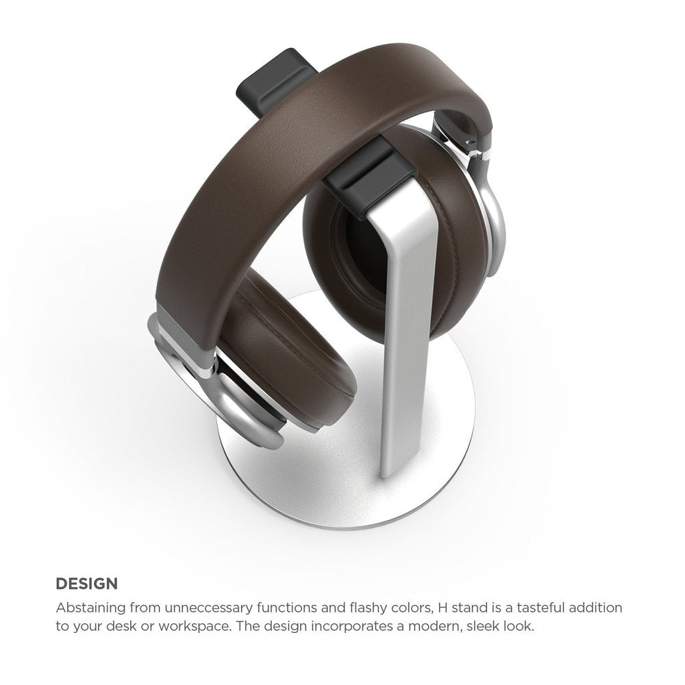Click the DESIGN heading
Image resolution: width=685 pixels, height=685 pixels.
[x=86, y=584]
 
